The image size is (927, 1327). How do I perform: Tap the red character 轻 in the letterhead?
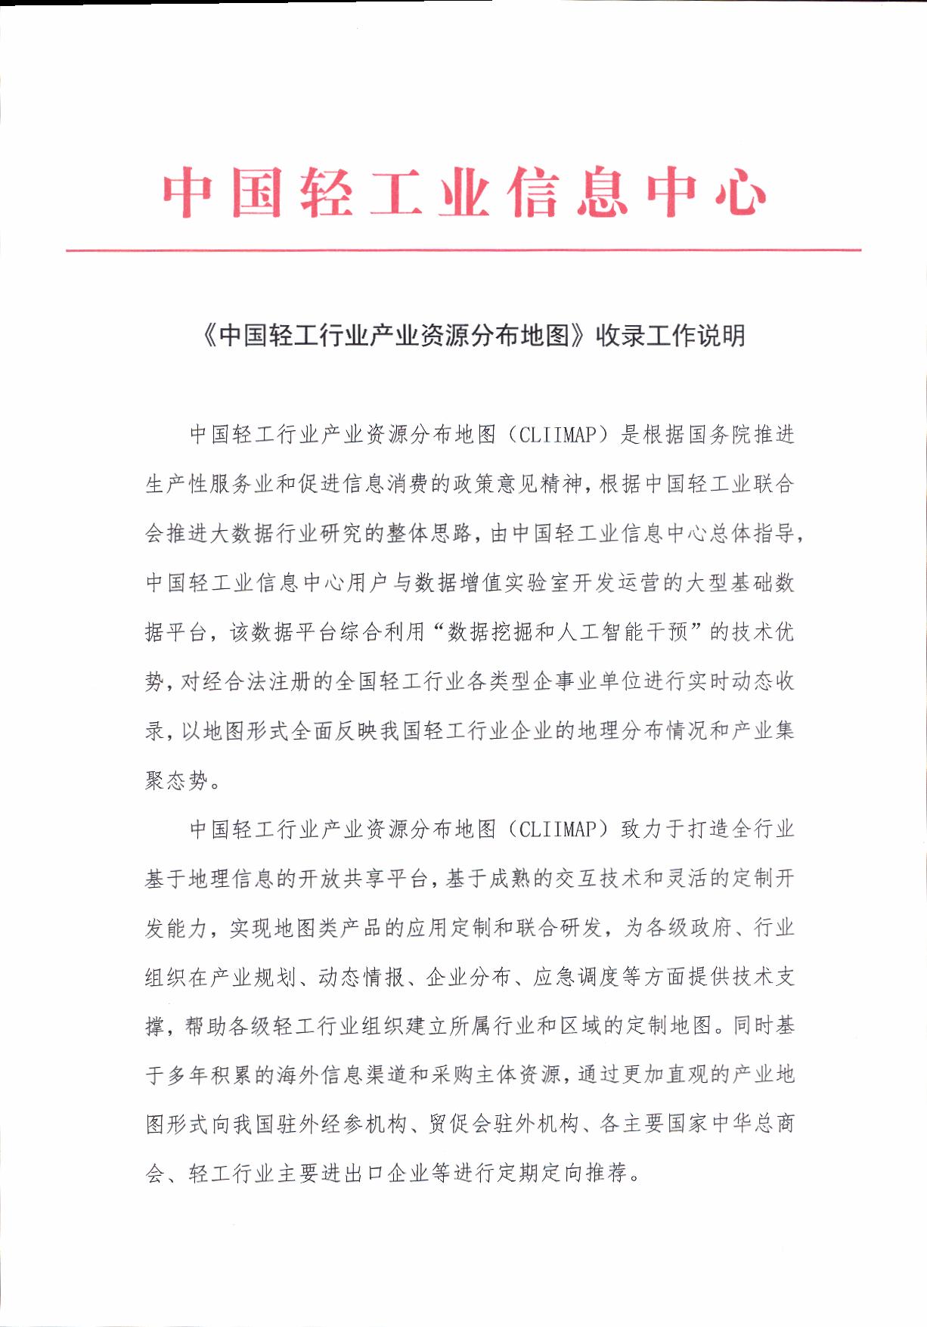[326, 193]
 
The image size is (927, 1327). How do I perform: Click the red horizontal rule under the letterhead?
[463, 250]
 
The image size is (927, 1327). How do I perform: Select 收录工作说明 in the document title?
[671, 336]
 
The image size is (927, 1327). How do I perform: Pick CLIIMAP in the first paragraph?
[559, 435]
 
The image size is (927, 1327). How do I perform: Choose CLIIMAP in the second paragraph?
[559, 829]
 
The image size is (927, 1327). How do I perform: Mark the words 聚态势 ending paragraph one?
[176, 780]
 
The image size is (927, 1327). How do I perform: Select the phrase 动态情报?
[362, 977]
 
